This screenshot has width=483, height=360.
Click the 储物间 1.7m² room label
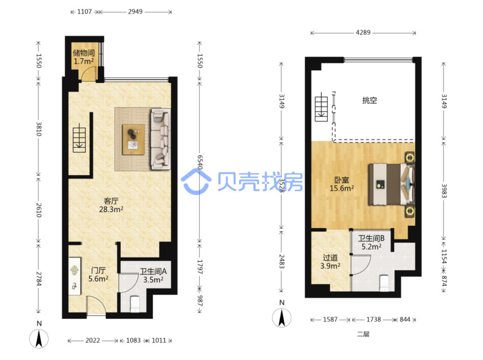[x=84, y=57]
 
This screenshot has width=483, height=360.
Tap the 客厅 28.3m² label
[x=111, y=205]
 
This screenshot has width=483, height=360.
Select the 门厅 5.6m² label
[x=98, y=274]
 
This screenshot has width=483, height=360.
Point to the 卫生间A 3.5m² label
[x=154, y=276]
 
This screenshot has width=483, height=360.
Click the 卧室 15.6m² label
[x=342, y=184]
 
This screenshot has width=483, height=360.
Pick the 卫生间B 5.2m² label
[x=372, y=242]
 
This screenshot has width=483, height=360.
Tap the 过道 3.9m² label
[x=330, y=261]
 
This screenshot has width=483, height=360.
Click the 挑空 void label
[x=370, y=100]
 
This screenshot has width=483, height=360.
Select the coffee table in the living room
[x=133, y=139]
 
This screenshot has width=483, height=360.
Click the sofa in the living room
[x=160, y=139]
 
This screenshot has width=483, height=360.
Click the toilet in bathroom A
[x=135, y=304]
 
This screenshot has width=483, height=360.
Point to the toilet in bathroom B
[x=385, y=283]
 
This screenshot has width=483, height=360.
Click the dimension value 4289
[x=363, y=33]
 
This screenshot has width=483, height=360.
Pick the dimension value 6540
[x=200, y=162]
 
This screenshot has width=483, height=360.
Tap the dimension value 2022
[x=93, y=340]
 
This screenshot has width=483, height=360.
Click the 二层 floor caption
[x=363, y=334]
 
